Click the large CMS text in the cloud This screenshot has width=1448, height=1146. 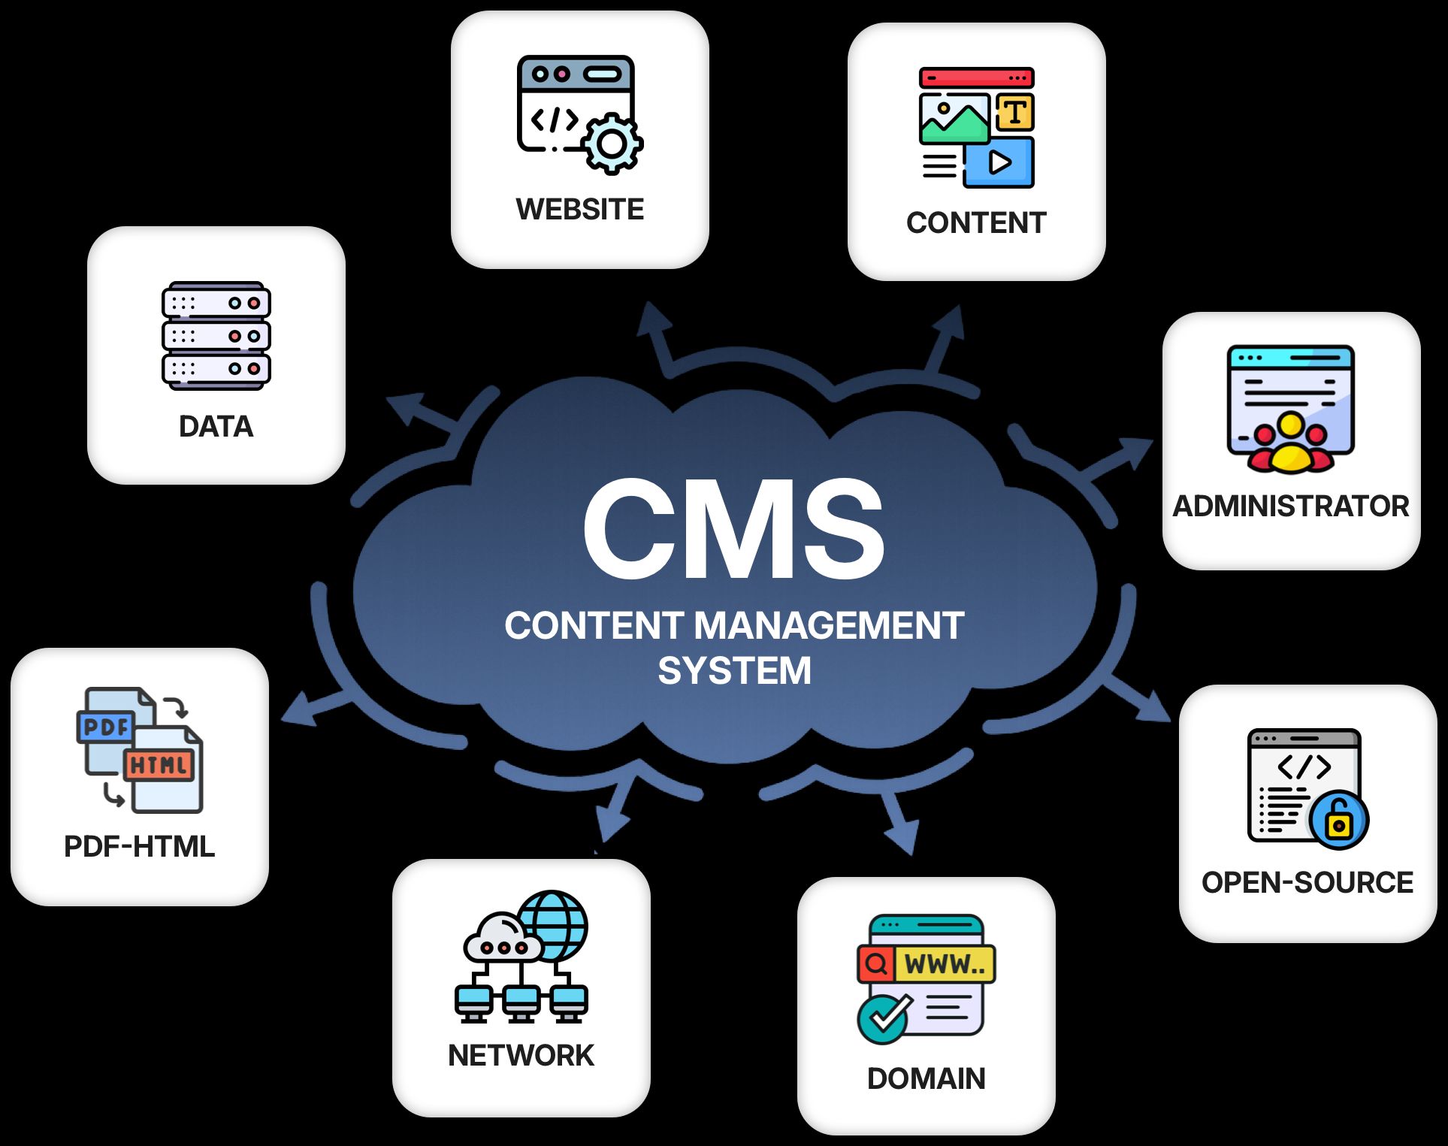coord(733,531)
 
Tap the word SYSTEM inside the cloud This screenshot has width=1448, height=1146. coord(734,670)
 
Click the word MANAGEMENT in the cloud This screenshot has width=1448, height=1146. coord(829,625)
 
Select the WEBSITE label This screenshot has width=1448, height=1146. coord(579,209)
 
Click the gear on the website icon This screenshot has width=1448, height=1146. coord(612,144)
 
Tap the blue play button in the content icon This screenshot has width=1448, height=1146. coord(999,162)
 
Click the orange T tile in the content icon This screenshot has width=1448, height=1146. coord(1015,112)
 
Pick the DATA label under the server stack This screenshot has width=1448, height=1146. coord(216,426)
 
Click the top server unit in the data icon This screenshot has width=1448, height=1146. coord(216,302)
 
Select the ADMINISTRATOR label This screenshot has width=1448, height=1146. coord(1290,506)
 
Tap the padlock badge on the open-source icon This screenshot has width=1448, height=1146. coord(1338,821)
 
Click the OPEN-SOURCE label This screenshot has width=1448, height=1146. coord(1307,882)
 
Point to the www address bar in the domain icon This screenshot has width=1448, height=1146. coord(944,963)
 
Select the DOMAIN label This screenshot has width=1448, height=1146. coord(926,1078)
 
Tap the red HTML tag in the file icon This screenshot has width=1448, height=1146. coord(159,765)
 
